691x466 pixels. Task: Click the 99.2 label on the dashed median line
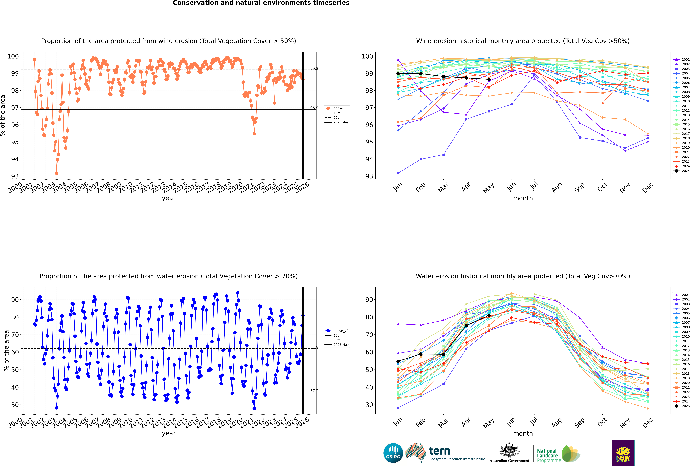click(x=314, y=69)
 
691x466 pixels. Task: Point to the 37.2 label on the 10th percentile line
click(x=314, y=391)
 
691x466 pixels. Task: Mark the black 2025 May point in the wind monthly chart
click(x=489, y=79)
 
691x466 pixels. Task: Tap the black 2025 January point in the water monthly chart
click(x=398, y=361)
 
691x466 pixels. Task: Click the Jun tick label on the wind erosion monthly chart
click(x=511, y=187)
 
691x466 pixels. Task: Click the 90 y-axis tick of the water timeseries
click(x=15, y=300)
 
